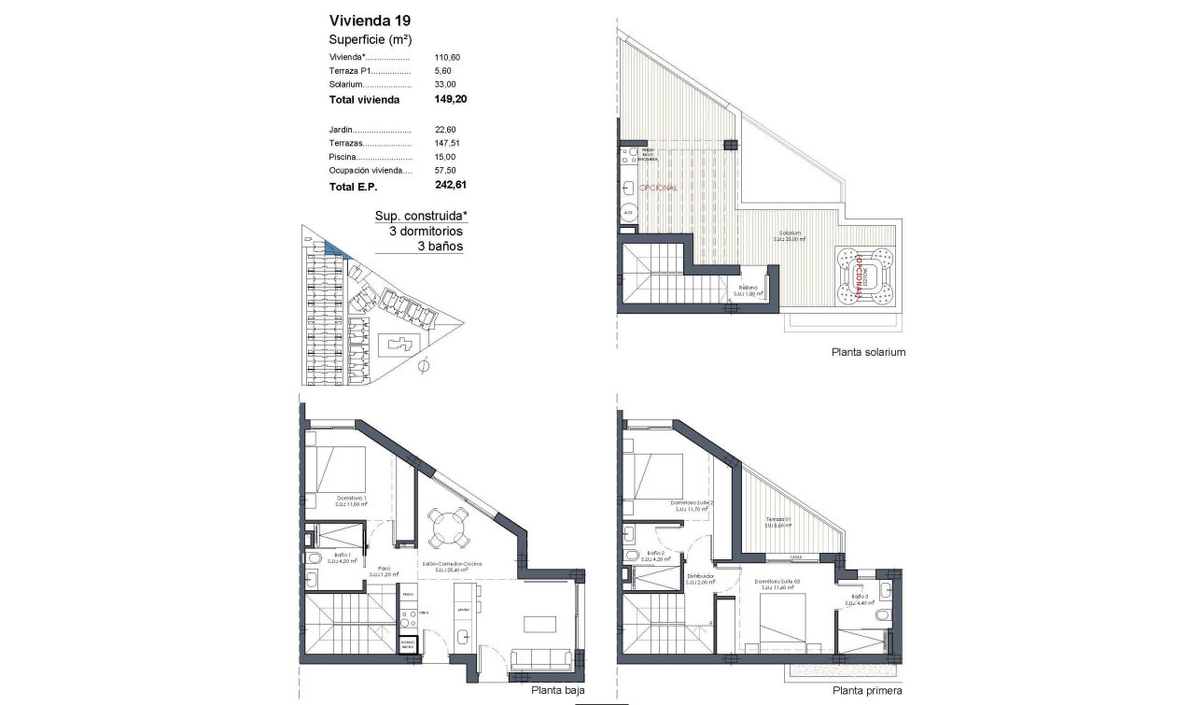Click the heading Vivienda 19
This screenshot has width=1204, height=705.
click(x=370, y=20)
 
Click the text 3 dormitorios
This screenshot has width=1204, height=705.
click(x=418, y=231)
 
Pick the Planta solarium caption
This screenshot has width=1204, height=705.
click(x=868, y=353)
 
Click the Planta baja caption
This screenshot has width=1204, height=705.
click(x=558, y=691)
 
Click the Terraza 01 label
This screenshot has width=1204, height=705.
click(x=778, y=520)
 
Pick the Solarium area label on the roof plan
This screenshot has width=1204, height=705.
click(x=790, y=235)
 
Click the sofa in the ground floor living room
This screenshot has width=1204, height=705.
click(x=541, y=659)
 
